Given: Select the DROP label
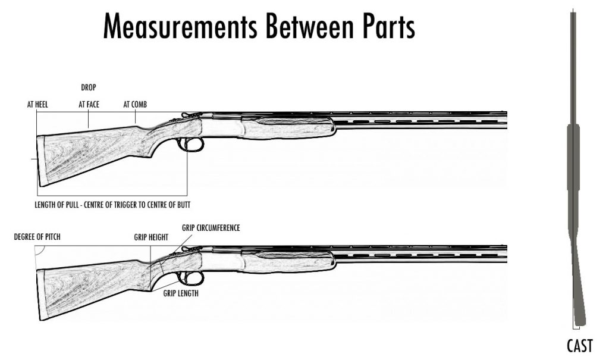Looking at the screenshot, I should pos(89,87).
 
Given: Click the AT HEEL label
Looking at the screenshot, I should pos(37,105).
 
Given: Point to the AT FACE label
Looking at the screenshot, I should pos(89,105).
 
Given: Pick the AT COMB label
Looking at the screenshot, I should pos(135,105).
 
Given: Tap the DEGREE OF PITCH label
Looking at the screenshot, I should pos(37,237).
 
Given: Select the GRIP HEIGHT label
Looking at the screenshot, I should pos(151,237).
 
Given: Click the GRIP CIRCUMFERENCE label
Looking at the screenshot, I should pos(211,228).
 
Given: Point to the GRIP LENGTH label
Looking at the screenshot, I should pos(181,293).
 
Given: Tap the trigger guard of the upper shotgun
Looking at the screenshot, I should pos(191,145).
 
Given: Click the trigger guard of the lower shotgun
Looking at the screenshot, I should pos(191,278).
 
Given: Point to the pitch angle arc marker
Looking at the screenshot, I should pos(39,252).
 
